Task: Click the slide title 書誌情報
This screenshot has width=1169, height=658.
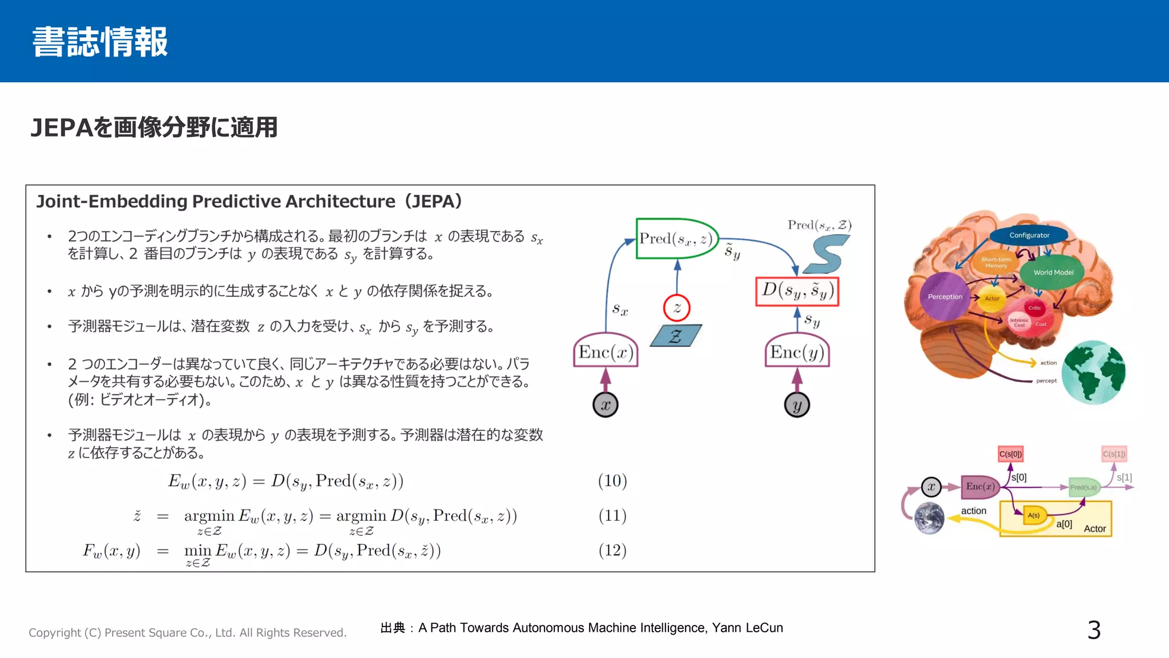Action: tap(100, 42)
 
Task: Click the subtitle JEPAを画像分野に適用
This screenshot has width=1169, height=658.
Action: tap(154, 127)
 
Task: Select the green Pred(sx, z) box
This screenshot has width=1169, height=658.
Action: tap(676, 239)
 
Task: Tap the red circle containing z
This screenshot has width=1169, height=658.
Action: tap(677, 308)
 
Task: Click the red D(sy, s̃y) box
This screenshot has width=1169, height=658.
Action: tap(797, 291)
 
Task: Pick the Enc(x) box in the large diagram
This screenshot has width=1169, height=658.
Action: tap(606, 352)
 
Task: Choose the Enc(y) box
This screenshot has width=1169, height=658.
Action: tap(797, 352)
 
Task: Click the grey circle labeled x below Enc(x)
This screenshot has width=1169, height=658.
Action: tap(606, 405)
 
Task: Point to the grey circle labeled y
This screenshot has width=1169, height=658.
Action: tap(797, 405)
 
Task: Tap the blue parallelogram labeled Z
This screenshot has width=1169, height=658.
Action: tap(676, 336)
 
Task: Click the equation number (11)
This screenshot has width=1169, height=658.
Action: tap(612, 516)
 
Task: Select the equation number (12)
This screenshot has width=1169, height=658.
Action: tap(612, 551)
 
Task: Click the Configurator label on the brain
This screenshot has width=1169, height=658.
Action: tap(1029, 235)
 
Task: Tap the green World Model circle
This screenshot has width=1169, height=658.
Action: tap(1053, 272)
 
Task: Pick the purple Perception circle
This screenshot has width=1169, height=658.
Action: tap(945, 296)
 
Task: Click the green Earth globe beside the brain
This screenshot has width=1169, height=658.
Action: tap(1093, 373)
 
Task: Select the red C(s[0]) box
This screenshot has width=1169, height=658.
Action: tap(1010, 454)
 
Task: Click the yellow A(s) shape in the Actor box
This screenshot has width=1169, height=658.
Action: tap(1034, 515)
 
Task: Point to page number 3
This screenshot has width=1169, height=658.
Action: tap(1094, 630)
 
